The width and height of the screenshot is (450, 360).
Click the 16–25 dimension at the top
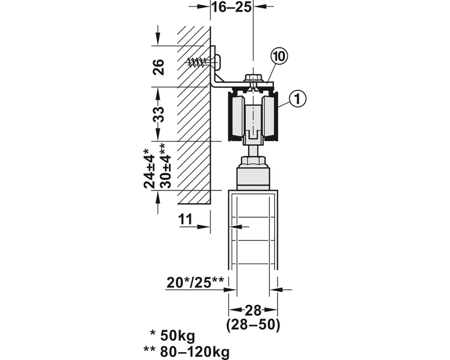pyautogui.click(x=231, y=7)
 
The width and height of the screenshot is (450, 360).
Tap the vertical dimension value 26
pyautogui.click(x=158, y=67)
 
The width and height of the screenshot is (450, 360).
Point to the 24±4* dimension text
pyautogui.click(x=149, y=169)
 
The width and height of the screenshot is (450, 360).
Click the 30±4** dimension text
pyautogui.click(x=165, y=166)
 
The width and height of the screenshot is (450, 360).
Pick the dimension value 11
pyautogui.click(x=185, y=219)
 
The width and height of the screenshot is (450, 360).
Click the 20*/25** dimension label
pyautogui.click(x=195, y=282)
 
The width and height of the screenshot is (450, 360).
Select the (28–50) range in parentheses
pyautogui.click(x=253, y=325)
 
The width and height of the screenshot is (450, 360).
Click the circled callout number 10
pyautogui.click(x=279, y=57)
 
